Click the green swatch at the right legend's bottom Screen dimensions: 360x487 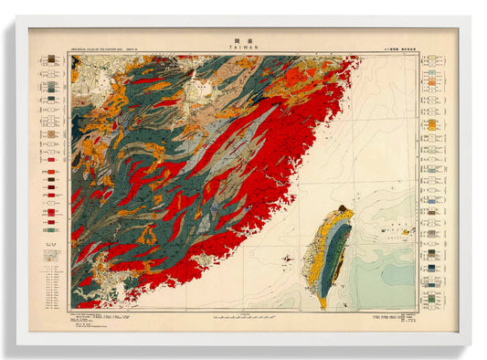click(430, 299)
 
